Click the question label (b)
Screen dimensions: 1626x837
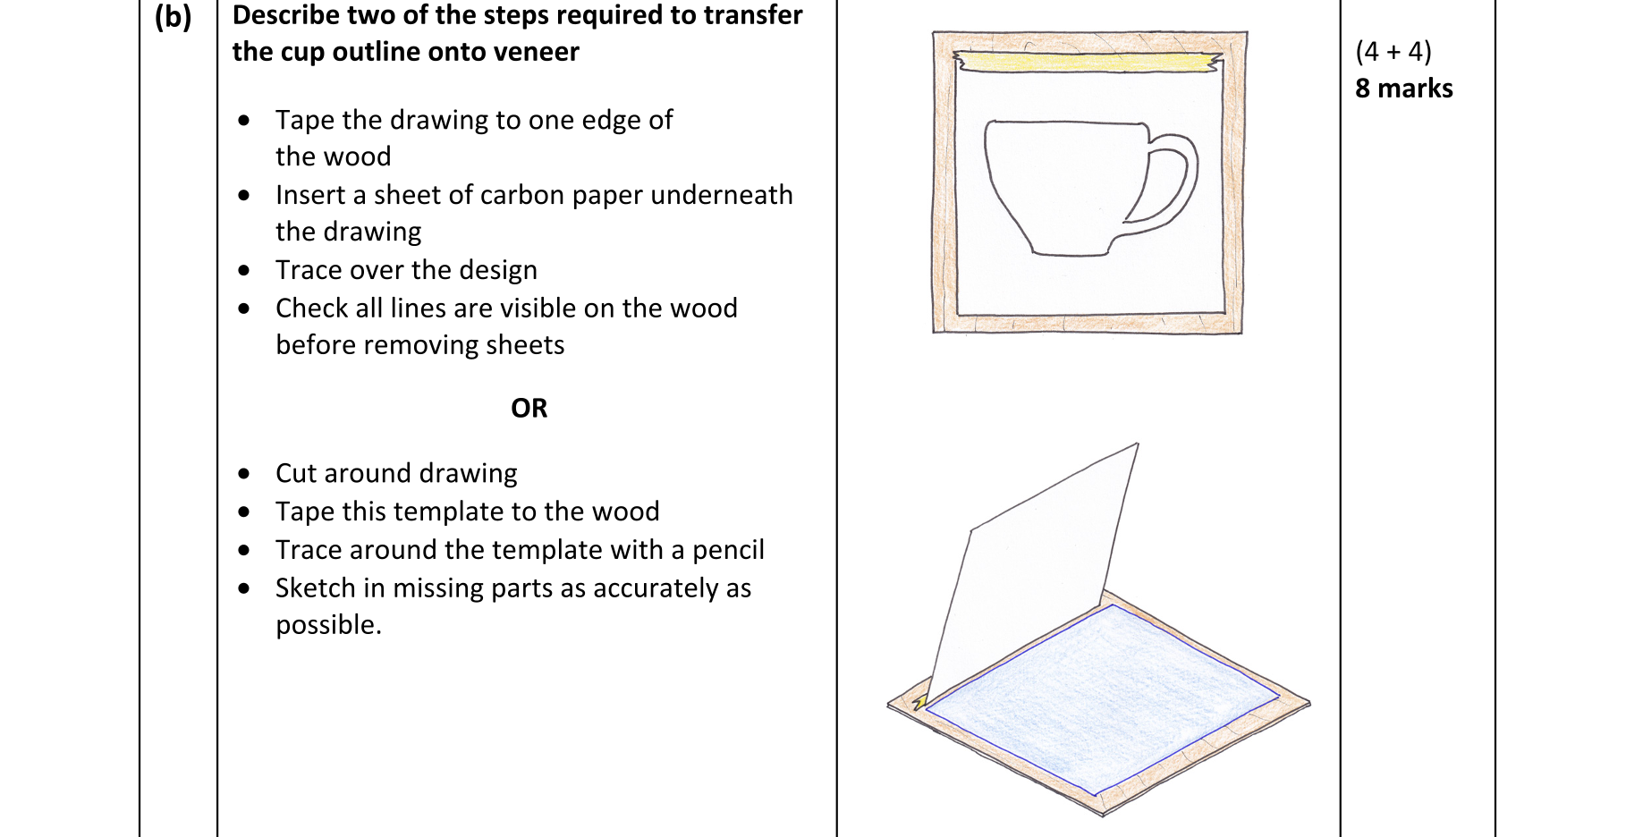[x=173, y=17]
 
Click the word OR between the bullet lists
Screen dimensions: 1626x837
[x=529, y=408]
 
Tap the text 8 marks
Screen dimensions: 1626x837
[x=1403, y=88]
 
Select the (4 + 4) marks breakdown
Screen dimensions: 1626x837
[x=1393, y=51]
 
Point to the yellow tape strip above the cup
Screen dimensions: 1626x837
[x=1088, y=61]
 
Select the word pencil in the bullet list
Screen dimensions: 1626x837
[x=728, y=550]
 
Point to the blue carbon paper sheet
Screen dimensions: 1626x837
[x=1103, y=699]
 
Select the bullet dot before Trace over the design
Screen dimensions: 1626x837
[x=244, y=270]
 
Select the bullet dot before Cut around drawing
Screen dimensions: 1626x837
[x=244, y=473]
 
